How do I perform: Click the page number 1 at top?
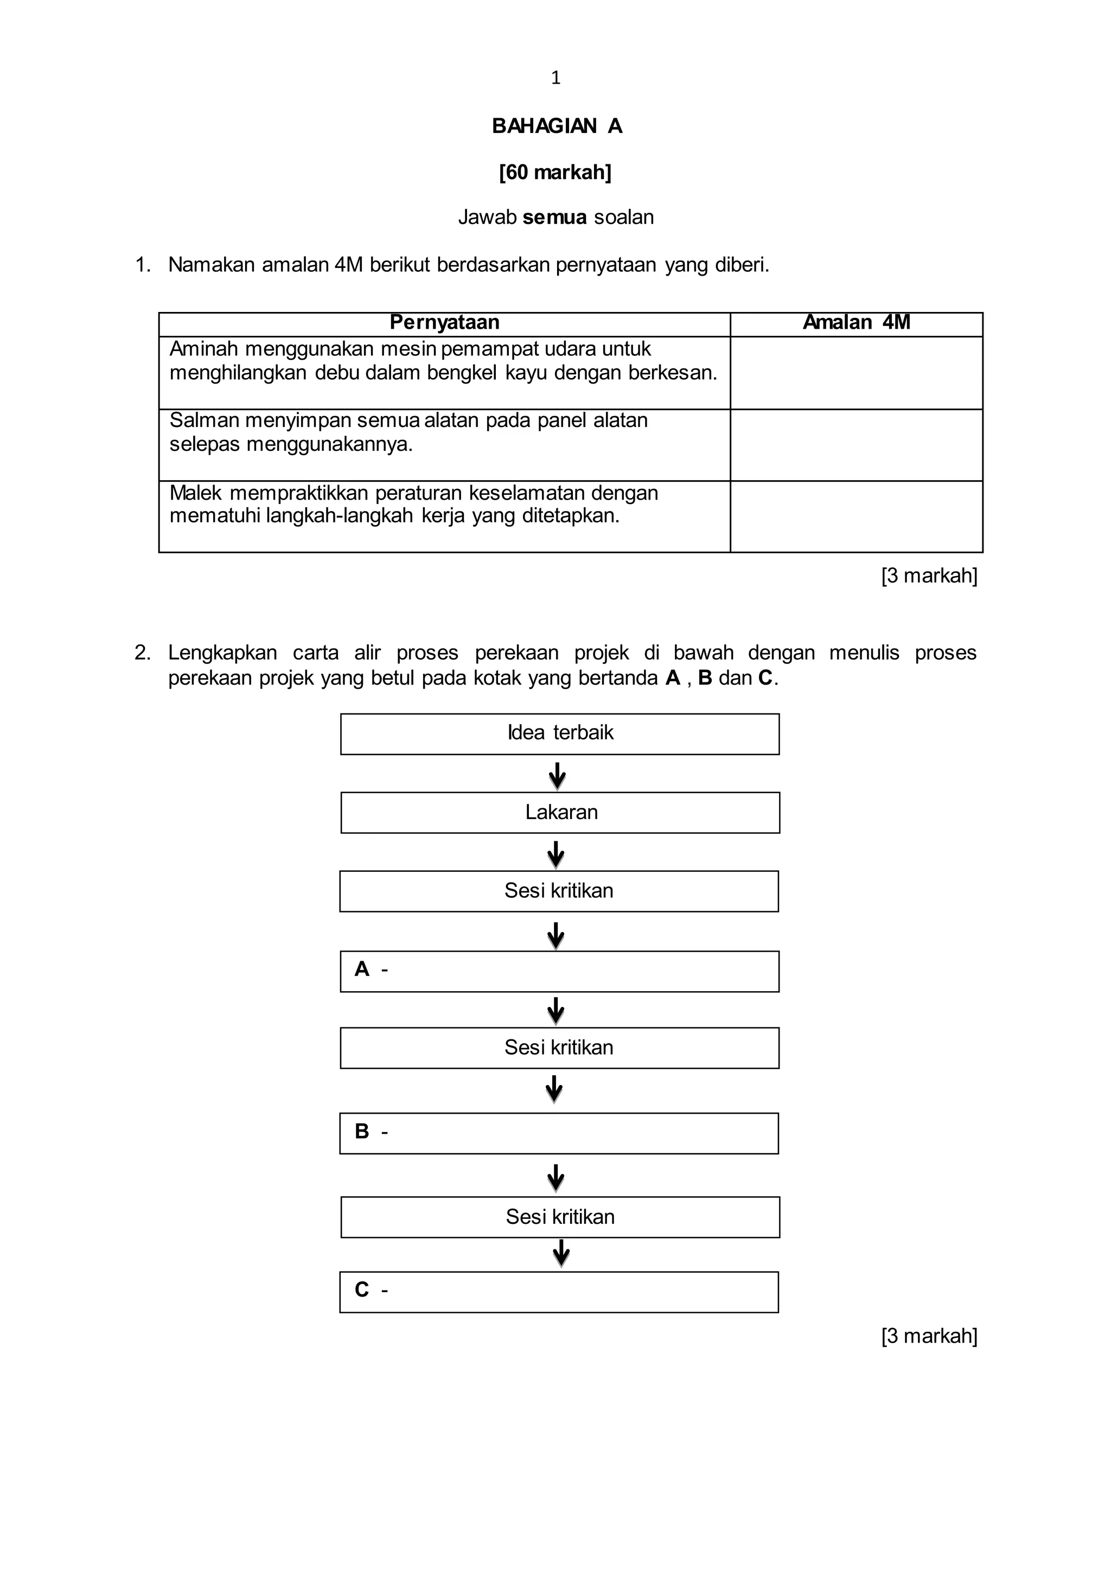[555, 78]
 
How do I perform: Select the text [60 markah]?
[555, 172]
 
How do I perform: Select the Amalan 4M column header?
[856, 322]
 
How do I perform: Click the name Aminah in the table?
[203, 349]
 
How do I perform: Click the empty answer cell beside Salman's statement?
[856, 445]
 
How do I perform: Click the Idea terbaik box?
[560, 733]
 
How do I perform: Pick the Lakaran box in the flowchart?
[560, 812]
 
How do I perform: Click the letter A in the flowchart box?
[362, 969]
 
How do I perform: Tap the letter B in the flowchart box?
[362, 1131]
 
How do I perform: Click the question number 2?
[142, 653]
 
